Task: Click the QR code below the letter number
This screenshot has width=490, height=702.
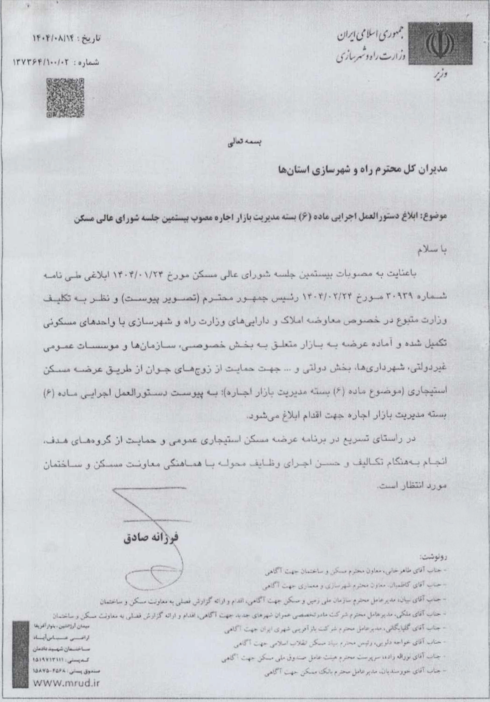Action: (x=65, y=97)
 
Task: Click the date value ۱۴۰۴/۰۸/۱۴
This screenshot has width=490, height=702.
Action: (x=53, y=39)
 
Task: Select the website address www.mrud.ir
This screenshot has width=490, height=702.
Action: (x=67, y=683)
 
